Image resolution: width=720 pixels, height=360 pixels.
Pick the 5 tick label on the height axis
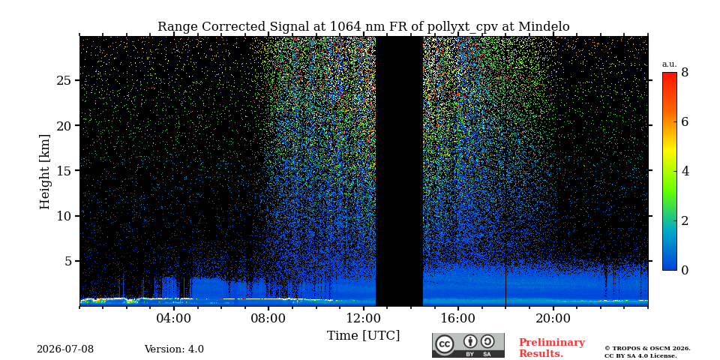pyautogui.click(x=69, y=261)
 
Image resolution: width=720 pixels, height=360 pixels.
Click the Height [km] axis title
pyautogui.click(x=44, y=171)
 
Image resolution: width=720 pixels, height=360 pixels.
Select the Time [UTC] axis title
pyautogui.click(x=363, y=336)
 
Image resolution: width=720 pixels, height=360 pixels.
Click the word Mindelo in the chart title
pyautogui.click(x=544, y=27)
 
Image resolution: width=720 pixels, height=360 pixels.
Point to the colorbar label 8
pyautogui.click(x=685, y=73)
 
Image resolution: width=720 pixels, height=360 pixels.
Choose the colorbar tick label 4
pyautogui.click(x=685, y=171)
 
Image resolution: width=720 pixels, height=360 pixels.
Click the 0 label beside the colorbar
pyautogui.click(x=685, y=270)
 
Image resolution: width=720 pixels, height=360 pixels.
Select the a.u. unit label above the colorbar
pyautogui.click(x=670, y=64)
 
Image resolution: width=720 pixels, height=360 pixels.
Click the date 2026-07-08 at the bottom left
pyautogui.click(x=65, y=349)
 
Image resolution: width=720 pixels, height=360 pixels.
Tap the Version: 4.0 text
pyautogui.click(x=174, y=349)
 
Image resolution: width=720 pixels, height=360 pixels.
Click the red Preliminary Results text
pyautogui.click(x=552, y=348)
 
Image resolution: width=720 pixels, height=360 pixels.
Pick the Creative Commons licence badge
pyautogui.click(x=468, y=345)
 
